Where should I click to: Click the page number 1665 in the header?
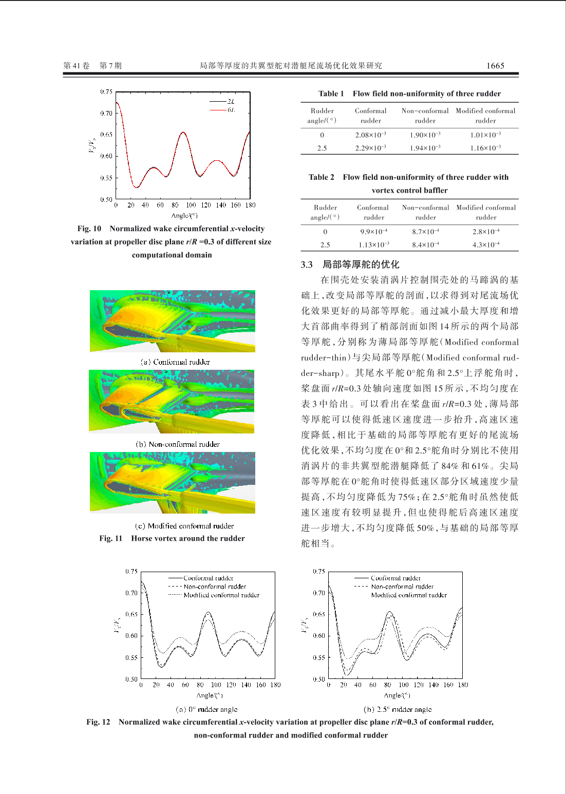(x=495, y=66)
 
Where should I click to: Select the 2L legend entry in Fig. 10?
(x=231, y=101)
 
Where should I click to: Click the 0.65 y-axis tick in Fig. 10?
(x=106, y=135)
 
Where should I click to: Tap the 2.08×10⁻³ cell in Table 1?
(x=370, y=135)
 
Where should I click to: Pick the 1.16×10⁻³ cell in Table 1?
(x=485, y=148)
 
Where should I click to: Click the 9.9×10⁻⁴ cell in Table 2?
(x=373, y=232)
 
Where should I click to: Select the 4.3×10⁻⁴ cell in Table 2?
(x=486, y=245)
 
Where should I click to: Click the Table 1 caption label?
(x=331, y=93)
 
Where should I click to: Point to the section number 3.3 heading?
(x=307, y=264)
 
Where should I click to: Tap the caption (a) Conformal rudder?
(x=175, y=362)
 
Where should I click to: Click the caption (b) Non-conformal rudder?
(x=178, y=444)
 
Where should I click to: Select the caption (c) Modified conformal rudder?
(x=184, y=526)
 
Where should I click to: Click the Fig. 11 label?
(x=111, y=539)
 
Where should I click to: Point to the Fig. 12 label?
(x=98, y=722)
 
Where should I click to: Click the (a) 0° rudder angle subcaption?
(x=206, y=709)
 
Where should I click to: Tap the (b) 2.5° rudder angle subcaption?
(x=398, y=709)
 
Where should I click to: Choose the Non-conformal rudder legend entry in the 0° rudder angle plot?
(x=215, y=587)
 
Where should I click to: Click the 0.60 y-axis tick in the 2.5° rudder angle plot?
(x=319, y=636)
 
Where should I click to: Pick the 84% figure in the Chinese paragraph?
(x=449, y=466)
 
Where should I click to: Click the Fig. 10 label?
(x=89, y=229)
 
